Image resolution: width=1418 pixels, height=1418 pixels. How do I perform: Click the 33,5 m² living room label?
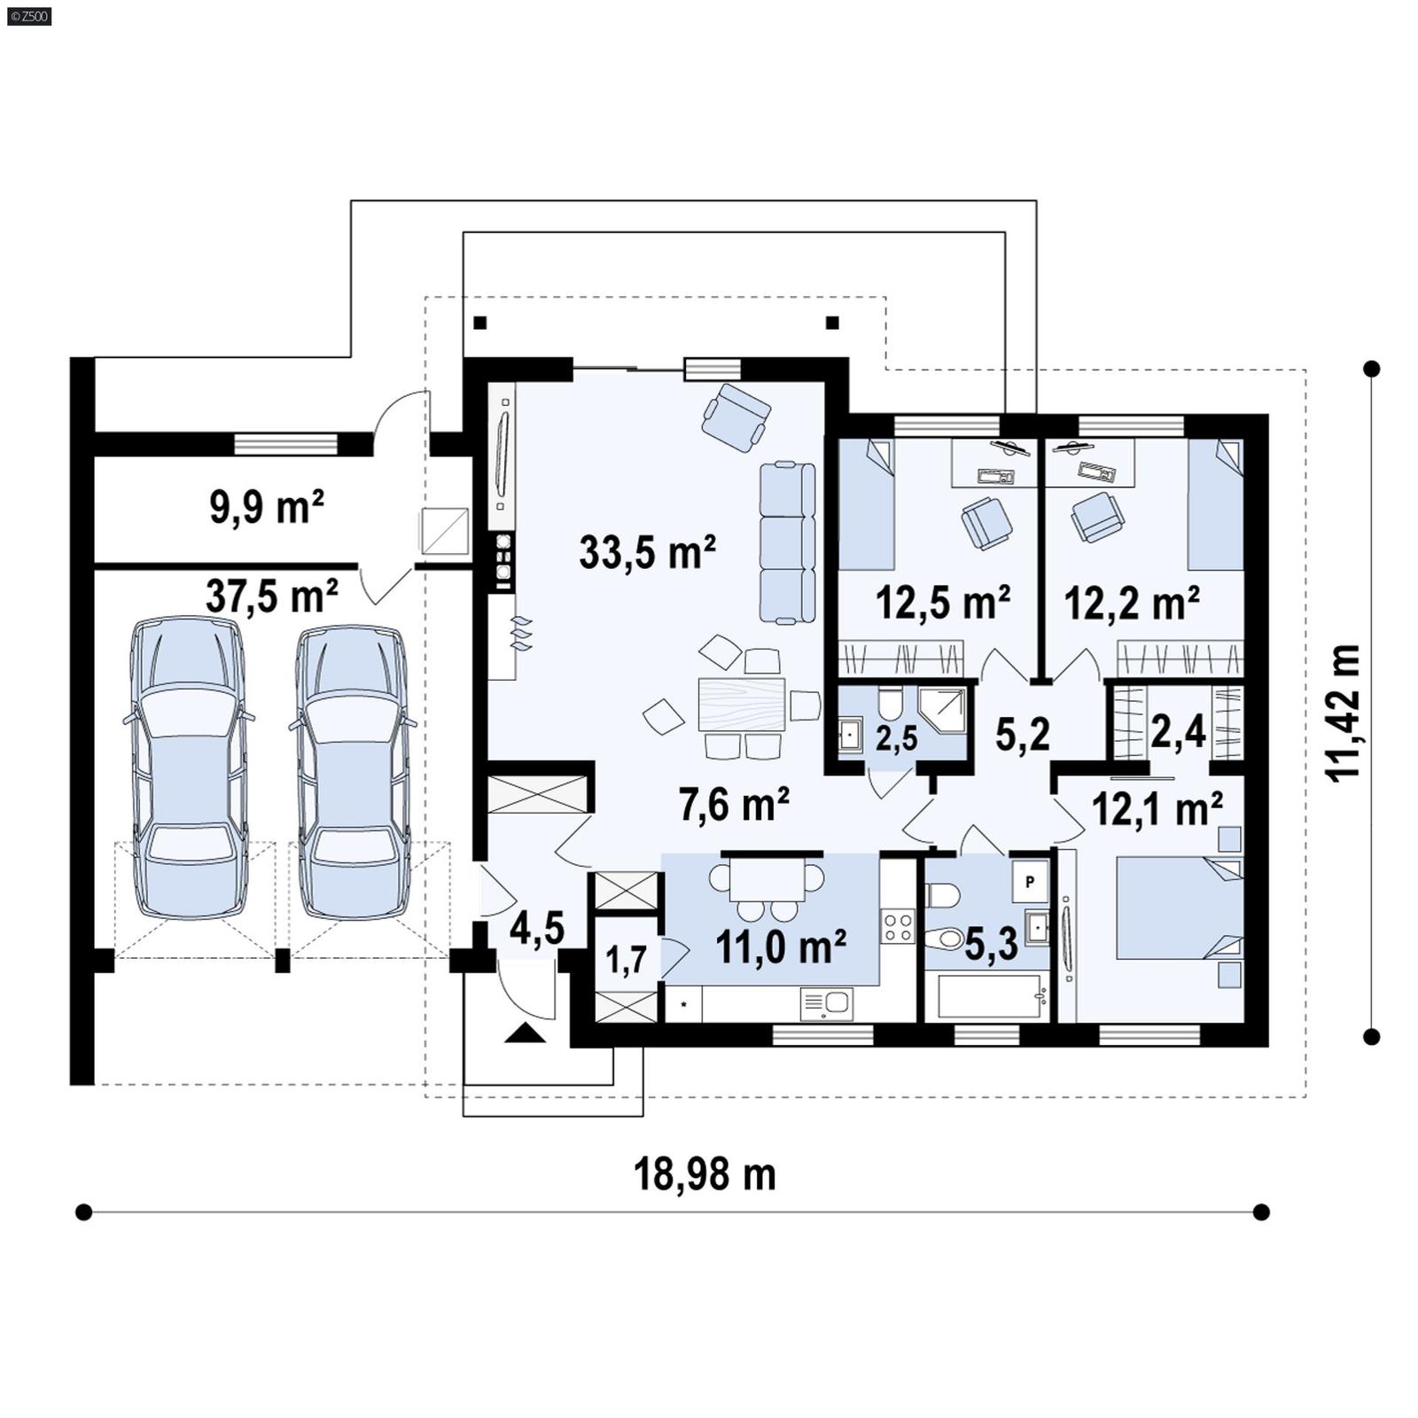tap(647, 552)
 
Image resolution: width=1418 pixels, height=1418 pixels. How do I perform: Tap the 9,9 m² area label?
tap(266, 508)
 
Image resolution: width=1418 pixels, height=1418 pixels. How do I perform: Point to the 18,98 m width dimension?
tap(705, 1175)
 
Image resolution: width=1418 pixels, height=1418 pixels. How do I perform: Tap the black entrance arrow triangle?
tap(526, 1032)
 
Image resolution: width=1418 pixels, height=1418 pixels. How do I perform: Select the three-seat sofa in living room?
tap(787, 541)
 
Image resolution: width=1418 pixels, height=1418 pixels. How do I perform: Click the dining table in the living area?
tap(741, 704)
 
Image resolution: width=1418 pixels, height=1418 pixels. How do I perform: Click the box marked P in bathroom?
tap(1030, 882)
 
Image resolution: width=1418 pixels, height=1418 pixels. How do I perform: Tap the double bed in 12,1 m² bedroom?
tap(1177, 907)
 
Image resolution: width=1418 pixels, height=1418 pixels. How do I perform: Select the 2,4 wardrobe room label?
tap(1178, 732)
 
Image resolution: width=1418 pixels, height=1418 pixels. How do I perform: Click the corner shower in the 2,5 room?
tap(941, 710)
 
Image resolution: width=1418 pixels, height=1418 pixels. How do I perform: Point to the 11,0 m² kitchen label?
tap(780, 947)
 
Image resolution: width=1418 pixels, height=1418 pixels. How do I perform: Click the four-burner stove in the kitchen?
tap(898, 927)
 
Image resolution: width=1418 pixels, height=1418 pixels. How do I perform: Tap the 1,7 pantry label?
tap(626, 960)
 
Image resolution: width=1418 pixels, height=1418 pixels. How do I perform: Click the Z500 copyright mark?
tap(29, 15)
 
